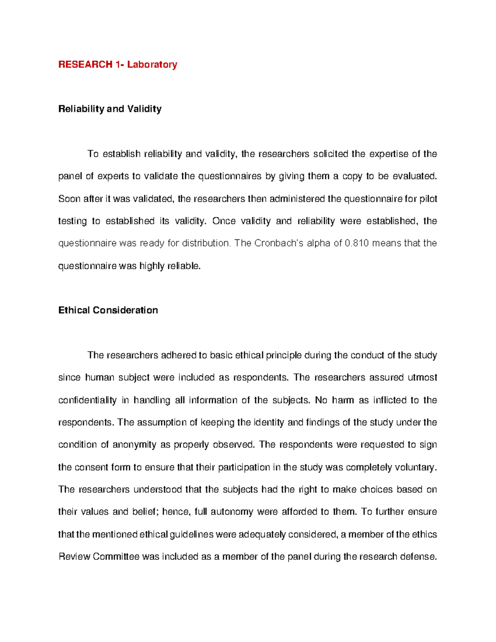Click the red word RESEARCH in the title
[x=85, y=64]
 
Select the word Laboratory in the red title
[x=152, y=64]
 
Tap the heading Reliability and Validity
[x=110, y=109]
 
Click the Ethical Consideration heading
[x=108, y=310]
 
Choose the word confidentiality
[x=87, y=400]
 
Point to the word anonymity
[x=134, y=445]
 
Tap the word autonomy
[x=232, y=512]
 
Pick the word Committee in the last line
[x=116, y=557]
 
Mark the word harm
[x=343, y=400]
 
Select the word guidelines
[x=192, y=535]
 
